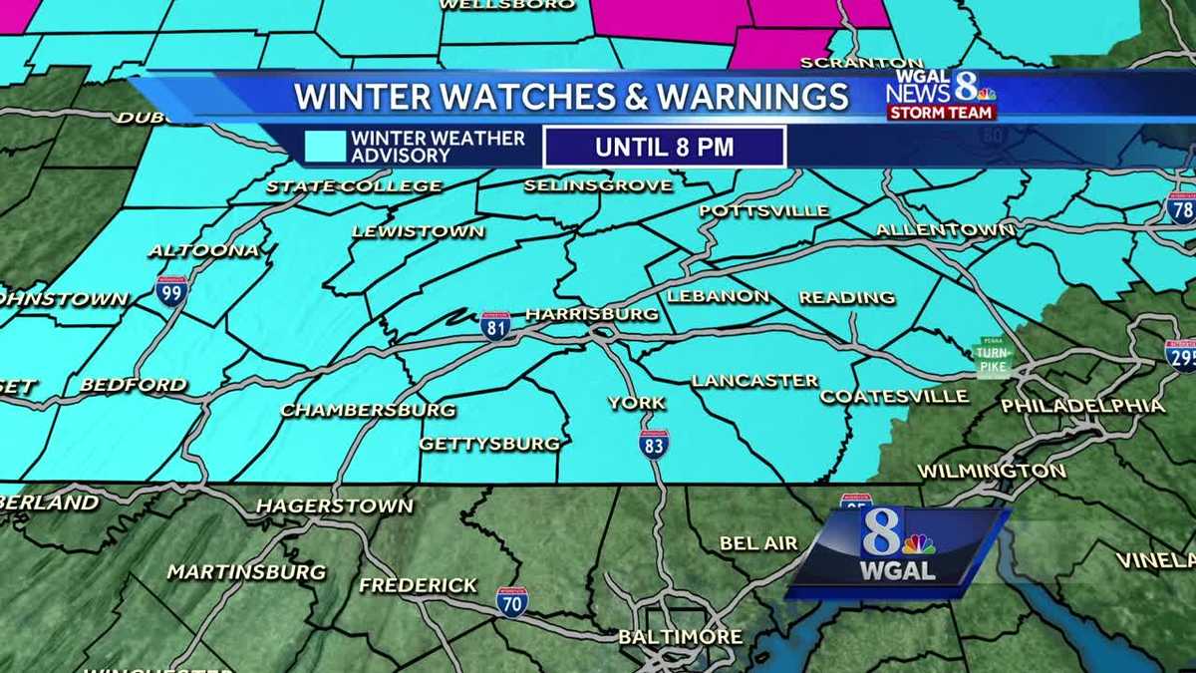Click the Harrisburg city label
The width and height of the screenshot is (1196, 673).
[x=592, y=314]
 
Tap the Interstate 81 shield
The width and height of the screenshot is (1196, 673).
[x=495, y=326]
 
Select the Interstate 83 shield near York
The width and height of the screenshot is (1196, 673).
[x=655, y=444]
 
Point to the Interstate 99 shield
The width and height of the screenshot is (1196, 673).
[x=171, y=290]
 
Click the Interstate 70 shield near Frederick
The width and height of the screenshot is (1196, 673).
[x=511, y=601]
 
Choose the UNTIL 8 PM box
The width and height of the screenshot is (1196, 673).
[x=664, y=148]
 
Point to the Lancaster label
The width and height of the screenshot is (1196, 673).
[x=754, y=380]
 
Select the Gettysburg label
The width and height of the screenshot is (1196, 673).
[x=489, y=444]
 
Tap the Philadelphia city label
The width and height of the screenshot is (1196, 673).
[x=1082, y=406]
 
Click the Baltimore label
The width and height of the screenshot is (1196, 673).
[x=680, y=636]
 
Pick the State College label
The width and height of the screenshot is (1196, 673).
[x=354, y=186]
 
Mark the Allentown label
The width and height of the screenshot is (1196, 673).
[x=945, y=230]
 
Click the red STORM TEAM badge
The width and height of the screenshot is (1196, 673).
[x=942, y=113]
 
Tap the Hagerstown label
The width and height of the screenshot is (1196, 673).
[x=334, y=505]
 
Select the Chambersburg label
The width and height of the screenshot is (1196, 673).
[x=368, y=410]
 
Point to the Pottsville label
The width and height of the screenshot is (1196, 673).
[x=763, y=210]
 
